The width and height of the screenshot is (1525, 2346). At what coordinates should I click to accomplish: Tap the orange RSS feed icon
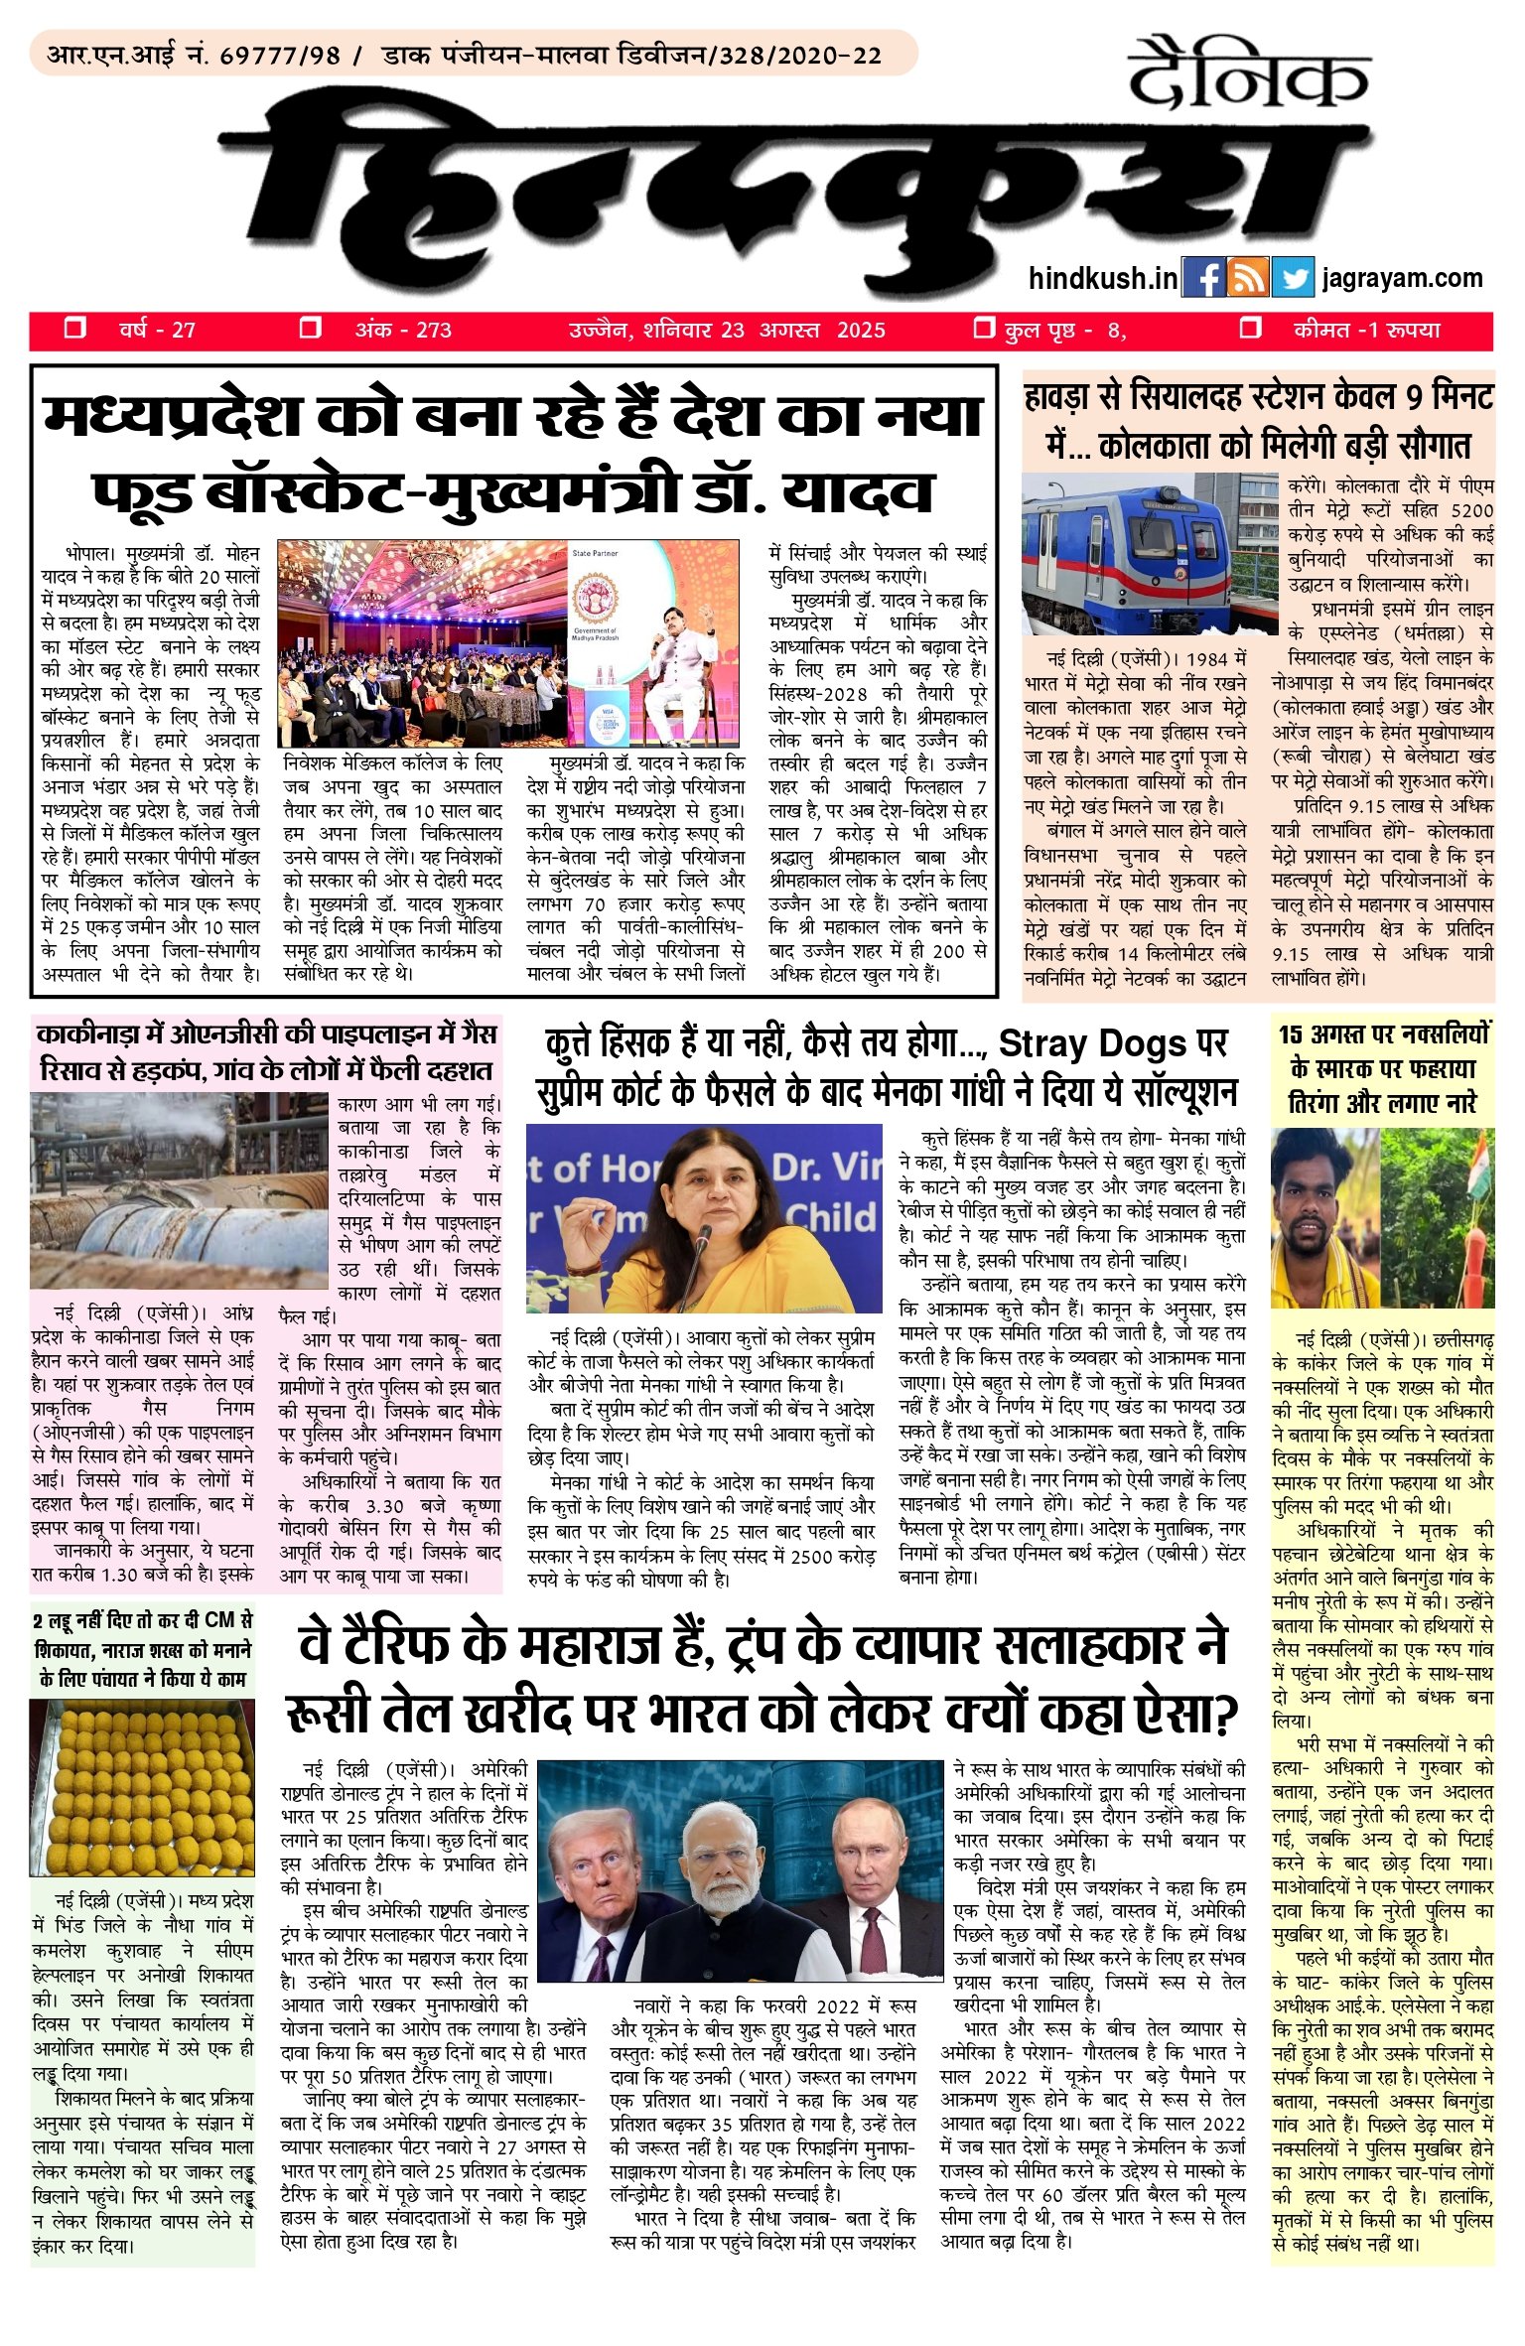click(1248, 278)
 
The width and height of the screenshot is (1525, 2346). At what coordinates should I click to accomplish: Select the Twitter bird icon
click(1293, 278)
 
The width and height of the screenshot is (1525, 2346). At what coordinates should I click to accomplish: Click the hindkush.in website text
click(1103, 279)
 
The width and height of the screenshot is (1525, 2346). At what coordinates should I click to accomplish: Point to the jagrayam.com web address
click(1402, 279)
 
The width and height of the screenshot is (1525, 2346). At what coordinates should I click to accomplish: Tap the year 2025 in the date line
click(861, 331)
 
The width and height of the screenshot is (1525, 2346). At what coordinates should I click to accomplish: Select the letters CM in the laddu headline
click(222, 1620)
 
